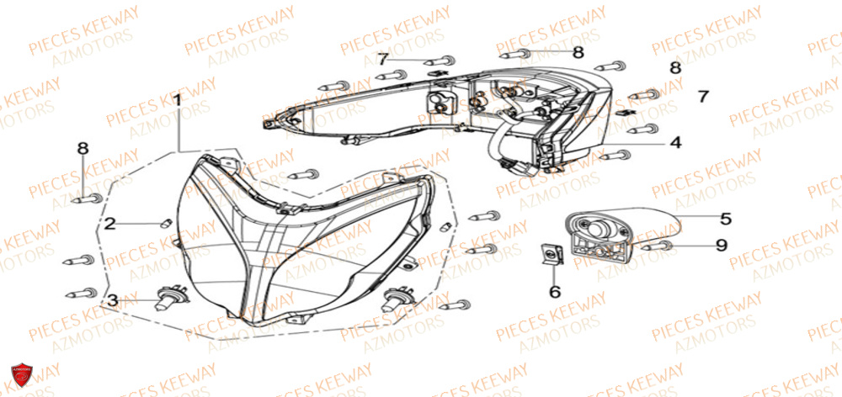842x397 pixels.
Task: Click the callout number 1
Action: [178, 100]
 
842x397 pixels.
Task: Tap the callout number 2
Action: [109, 224]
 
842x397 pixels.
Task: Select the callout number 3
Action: [111, 299]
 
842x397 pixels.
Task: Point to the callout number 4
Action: [674, 143]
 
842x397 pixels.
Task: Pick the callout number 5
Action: [725, 217]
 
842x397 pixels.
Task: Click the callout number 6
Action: [554, 291]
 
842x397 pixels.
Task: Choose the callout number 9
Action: [721, 246]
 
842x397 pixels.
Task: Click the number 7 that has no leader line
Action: [703, 97]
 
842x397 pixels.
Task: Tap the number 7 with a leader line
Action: [382, 59]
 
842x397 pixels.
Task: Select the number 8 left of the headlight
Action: [83, 149]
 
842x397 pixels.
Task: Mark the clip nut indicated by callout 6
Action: [551, 254]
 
